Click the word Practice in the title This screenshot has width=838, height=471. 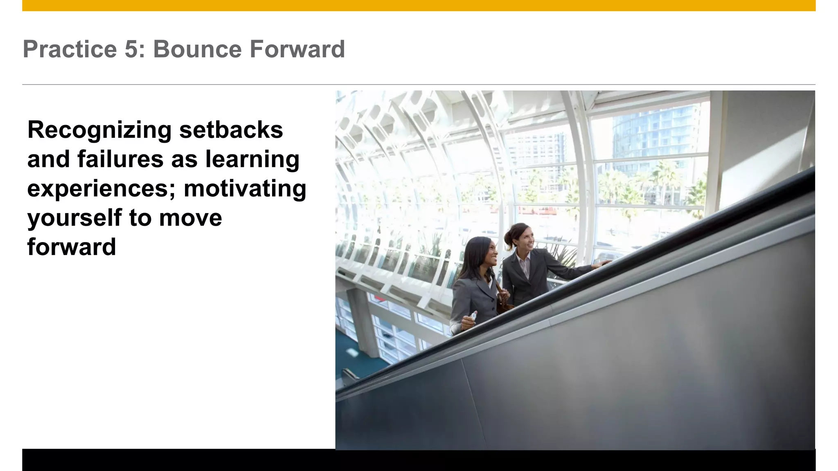(x=70, y=49)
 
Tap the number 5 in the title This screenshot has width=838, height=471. (x=132, y=49)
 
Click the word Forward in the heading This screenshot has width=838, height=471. (x=297, y=49)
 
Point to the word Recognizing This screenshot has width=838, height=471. (x=99, y=130)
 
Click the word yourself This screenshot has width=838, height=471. (x=74, y=218)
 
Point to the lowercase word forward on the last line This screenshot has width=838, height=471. (x=72, y=247)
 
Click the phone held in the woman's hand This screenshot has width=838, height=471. (x=473, y=316)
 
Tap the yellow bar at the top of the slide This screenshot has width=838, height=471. (x=419, y=5)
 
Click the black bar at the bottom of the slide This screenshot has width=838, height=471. (x=419, y=461)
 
